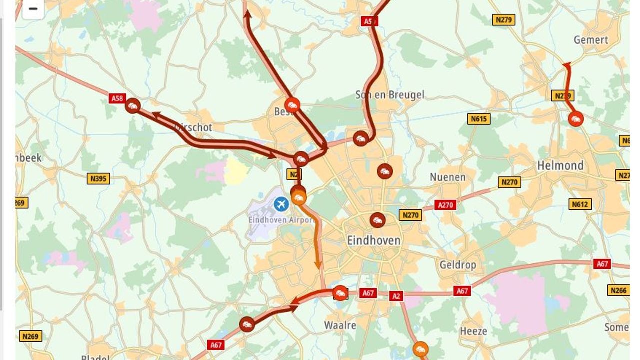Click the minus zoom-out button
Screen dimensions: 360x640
[x=33, y=9]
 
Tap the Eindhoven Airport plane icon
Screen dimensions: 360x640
[x=281, y=204]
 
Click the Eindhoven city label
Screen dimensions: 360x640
[x=374, y=240]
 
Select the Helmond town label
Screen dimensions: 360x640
[x=560, y=165]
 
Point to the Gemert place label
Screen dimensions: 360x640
[x=591, y=40]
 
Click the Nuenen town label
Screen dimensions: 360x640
[x=448, y=177]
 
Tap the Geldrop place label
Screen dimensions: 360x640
[x=457, y=265]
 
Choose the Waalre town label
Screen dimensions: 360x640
[x=340, y=325]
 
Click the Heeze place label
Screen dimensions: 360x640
[x=473, y=331]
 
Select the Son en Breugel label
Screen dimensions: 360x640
[x=390, y=94]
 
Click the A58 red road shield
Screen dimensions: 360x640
[x=117, y=98]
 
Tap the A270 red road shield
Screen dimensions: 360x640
[x=445, y=205]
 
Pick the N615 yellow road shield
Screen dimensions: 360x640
[x=479, y=119]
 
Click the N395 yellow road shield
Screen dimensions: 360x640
[x=98, y=178]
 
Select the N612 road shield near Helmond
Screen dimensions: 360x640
[x=580, y=204]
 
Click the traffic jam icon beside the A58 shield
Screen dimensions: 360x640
[x=133, y=106]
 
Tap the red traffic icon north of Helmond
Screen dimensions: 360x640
[x=576, y=119]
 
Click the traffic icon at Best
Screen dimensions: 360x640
[x=292, y=105]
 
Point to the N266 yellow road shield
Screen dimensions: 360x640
[x=618, y=290]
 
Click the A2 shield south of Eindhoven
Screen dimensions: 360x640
[x=396, y=296]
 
